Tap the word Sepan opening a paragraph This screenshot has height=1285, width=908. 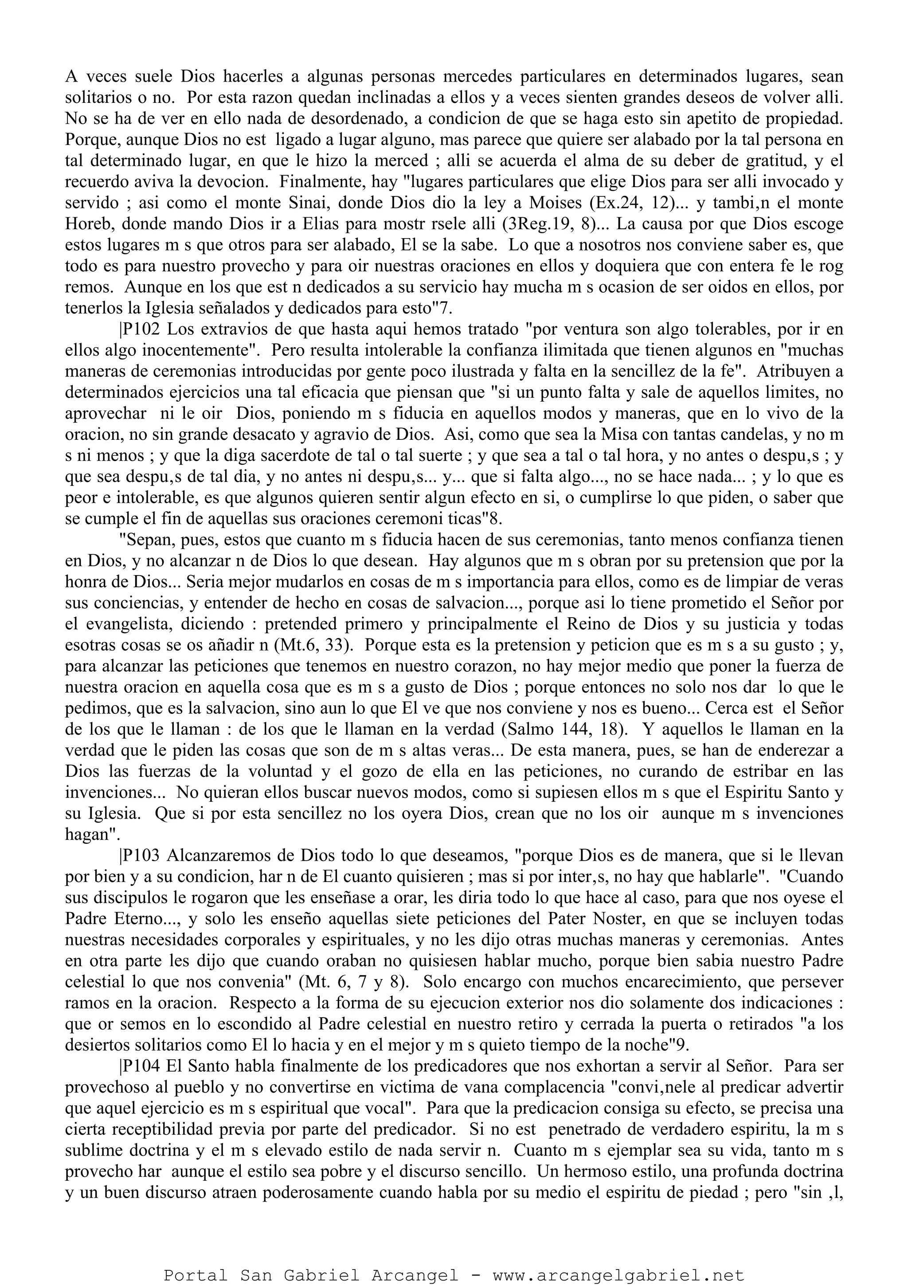[145, 540]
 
